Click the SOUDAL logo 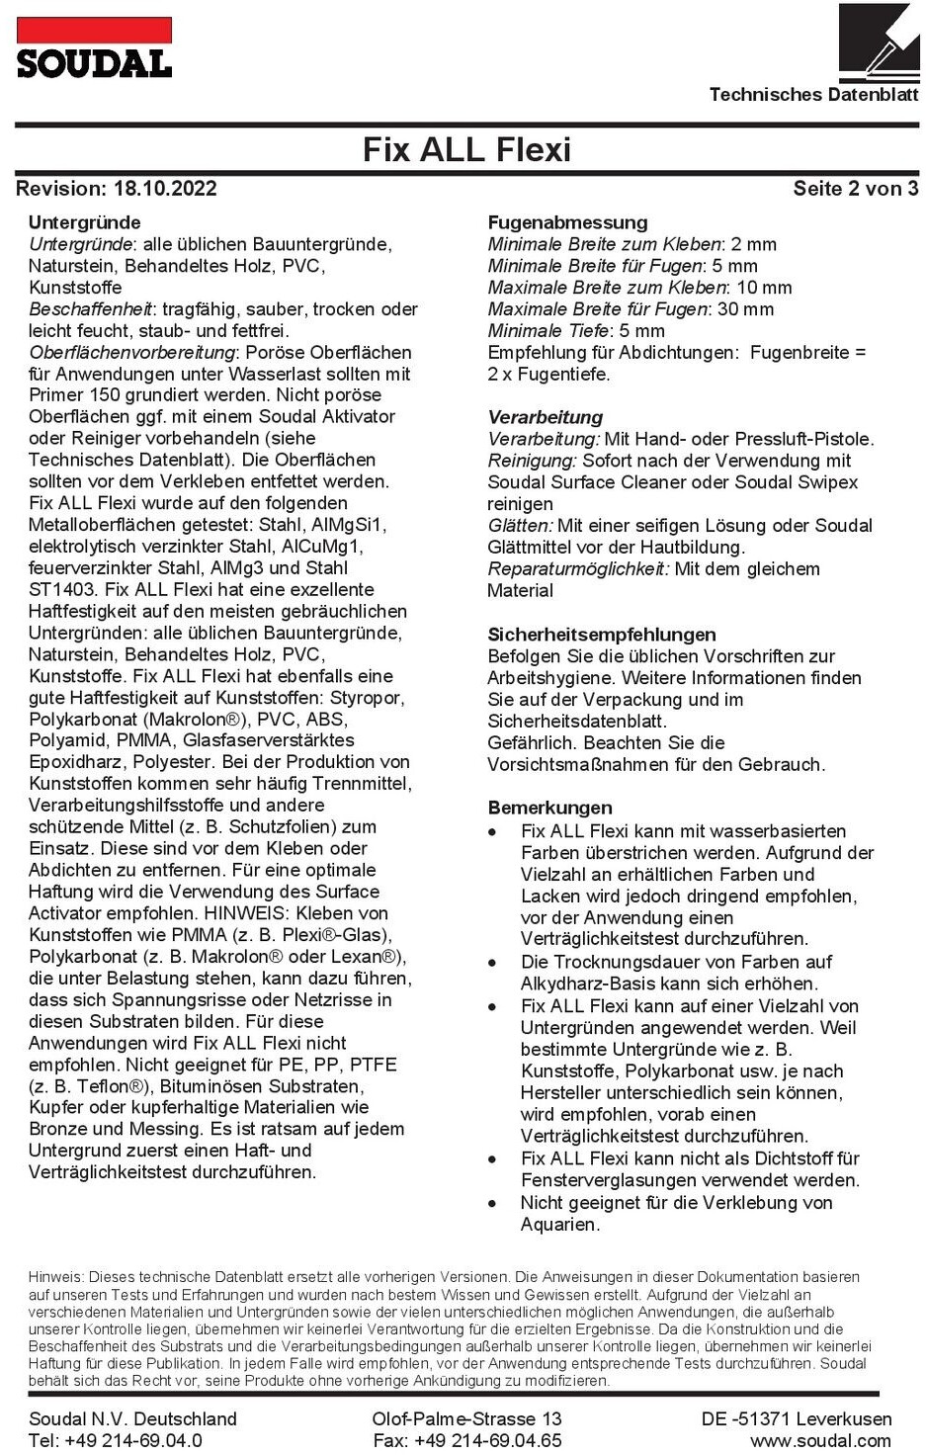94,48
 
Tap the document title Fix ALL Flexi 466,150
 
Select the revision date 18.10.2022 165,189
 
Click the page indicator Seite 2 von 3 855,189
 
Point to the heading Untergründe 84,222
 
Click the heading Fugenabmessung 567,222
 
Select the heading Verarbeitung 545,417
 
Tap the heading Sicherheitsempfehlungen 601,635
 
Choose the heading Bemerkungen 549,808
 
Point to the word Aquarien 559,1225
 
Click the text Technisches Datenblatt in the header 813,95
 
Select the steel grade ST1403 63,590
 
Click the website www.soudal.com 820,1441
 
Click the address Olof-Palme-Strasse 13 466,1419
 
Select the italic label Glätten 520,526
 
